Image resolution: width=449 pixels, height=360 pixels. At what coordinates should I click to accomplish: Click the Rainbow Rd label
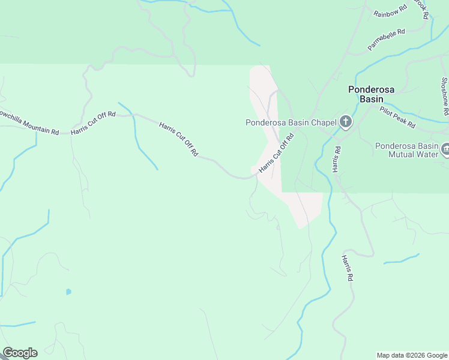coord(390,10)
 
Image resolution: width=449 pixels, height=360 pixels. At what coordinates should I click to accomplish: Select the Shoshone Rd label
coord(445,96)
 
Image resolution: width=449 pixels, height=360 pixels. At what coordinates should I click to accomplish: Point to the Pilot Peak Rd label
coord(397,117)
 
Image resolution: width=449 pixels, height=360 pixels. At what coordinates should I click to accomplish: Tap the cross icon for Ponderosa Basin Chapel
coord(346,122)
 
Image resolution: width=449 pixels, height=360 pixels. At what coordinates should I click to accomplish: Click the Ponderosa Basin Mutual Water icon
coord(445,149)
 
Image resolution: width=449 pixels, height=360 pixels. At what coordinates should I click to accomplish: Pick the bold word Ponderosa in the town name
coord(372,89)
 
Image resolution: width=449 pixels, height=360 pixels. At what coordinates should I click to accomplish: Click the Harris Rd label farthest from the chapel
coord(346,268)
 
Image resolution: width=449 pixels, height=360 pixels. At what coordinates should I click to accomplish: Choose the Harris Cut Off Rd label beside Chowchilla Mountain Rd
coord(92,122)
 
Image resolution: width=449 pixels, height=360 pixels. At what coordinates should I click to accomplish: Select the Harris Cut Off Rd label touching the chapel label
coord(277,154)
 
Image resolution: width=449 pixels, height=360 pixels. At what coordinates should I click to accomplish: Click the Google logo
coord(20,353)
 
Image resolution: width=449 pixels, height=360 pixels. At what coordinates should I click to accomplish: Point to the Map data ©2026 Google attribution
coord(412,355)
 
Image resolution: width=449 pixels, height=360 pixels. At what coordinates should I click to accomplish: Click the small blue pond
coord(68,292)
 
